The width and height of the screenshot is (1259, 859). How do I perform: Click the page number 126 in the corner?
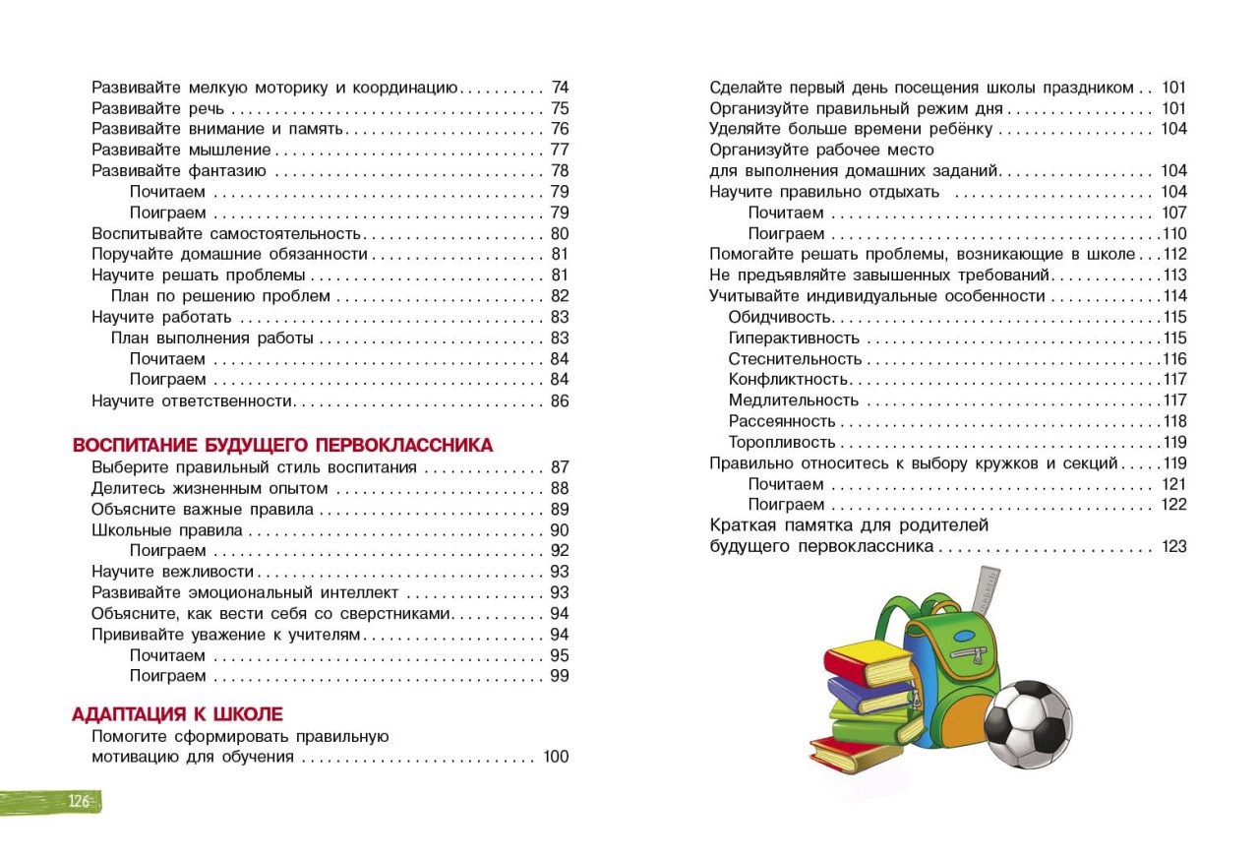(80, 801)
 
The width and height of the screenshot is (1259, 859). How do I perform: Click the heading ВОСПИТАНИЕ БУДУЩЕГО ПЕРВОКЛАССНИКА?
(282, 445)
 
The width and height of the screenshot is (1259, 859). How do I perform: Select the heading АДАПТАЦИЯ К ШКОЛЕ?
(178, 713)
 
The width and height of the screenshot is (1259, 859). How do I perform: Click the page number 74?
(560, 87)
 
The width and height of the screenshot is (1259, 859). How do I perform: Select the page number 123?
(1173, 546)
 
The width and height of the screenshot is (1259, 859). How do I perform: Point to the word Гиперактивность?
(794, 337)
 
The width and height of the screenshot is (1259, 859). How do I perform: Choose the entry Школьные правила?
(166, 530)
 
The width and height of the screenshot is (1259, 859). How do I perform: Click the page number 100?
(556, 757)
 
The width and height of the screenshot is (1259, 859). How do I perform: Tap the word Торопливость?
(782, 442)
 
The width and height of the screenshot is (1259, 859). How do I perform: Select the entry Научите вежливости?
(173, 572)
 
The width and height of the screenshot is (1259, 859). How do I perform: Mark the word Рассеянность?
(782, 421)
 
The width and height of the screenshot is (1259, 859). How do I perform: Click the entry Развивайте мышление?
(181, 150)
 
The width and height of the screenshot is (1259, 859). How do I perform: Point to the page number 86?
(560, 400)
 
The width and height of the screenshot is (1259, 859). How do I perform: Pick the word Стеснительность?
(795, 359)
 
